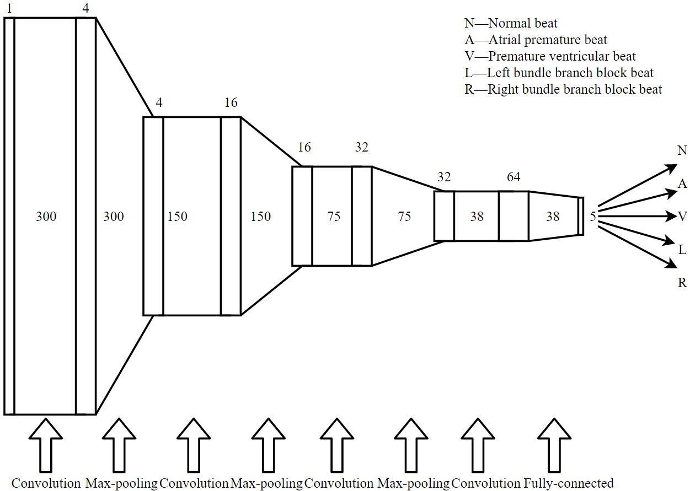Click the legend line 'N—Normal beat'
[x=511, y=23]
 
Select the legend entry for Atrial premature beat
[x=536, y=40]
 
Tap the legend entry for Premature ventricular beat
[x=550, y=56]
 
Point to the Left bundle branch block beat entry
[x=559, y=73]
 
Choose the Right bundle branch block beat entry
[x=563, y=89]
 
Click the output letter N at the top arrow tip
[x=682, y=150]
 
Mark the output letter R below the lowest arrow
[x=682, y=283]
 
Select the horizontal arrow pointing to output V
[x=638, y=216]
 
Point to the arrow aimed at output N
[x=638, y=185]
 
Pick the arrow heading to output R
[x=637, y=247]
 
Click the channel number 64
[x=514, y=177]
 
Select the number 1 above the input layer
[x=9, y=9]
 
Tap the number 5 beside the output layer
[x=593, y=217]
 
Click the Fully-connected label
[x=569, y=483]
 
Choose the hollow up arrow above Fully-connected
[x=554, y=445]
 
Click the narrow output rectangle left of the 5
[x=580, y=216]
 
